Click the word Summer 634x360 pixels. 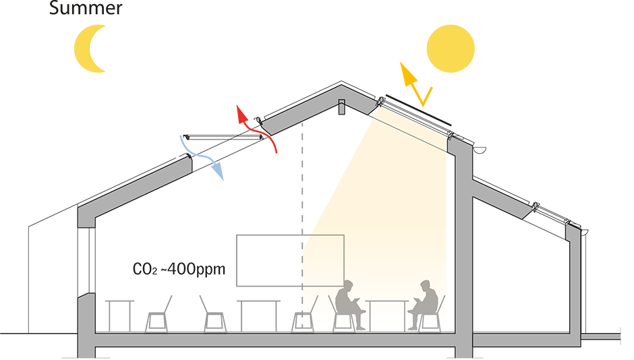pyautogui.click(x=86, y=9)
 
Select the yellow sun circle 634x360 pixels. pyautogui.click(x=451, y=48)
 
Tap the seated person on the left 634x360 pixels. pyautogui.click(x=349, y=303)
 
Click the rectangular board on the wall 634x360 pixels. pyautogui.click(x=290, y=260)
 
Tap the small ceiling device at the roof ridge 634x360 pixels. pyautogui.click(x=341, y=107)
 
